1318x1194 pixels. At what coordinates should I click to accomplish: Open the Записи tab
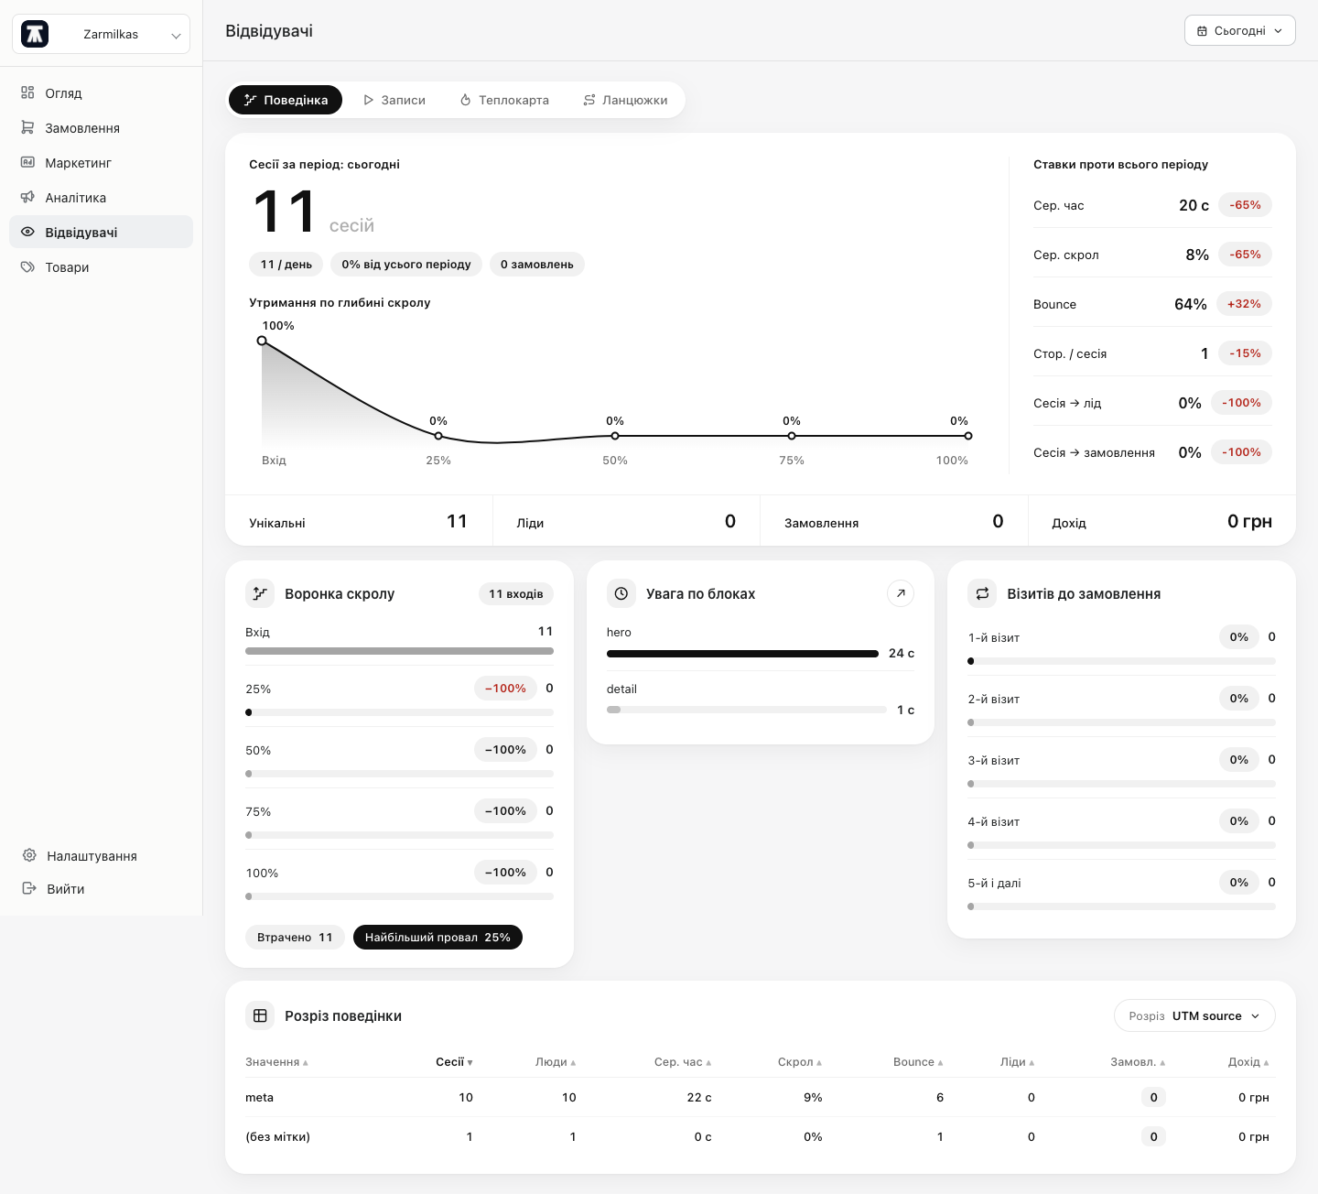click(x=394, y=100)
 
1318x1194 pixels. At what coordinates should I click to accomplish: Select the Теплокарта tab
click(x=504, y=100)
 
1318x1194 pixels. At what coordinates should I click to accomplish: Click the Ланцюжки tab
click(x=625, y=100)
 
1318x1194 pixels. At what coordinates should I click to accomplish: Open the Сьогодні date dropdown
click(x=1240, y=31)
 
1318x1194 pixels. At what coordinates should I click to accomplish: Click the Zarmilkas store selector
click(x=102, y=34)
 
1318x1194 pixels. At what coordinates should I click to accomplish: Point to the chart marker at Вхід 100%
click(x=262, y=341)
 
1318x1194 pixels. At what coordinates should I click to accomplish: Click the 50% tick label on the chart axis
click(x=615, y=461)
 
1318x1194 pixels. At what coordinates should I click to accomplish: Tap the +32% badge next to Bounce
click(x=1245, y=304)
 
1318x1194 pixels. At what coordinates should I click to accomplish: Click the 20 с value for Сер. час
click(x=1194, y=205)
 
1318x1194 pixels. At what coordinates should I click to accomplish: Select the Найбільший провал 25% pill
click(x=438, y=937)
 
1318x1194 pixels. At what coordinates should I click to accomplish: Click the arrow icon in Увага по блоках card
click(x=901, y=593)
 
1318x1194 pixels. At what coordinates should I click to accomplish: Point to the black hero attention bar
click(x=742, y=654)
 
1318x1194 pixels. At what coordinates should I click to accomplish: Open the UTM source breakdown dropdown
click(x=1194, y=1015)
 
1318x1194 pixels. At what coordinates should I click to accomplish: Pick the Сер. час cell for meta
click(x=699, y=1097)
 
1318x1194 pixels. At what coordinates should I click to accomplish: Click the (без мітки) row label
click(x=277, y=1137)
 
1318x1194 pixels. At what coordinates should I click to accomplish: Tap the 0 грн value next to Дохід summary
click(x=1249, y=521)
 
